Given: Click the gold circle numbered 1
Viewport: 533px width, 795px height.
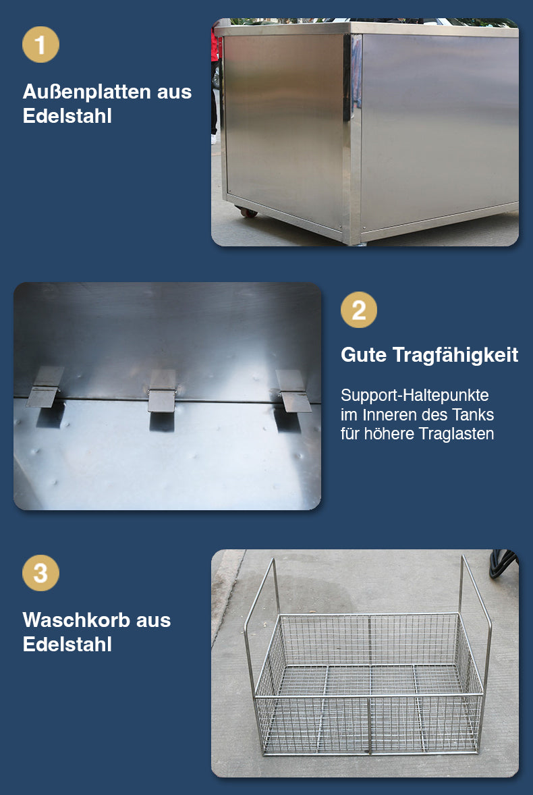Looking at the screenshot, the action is (x=40, y=45).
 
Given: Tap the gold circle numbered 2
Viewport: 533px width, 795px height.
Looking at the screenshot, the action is (x=359, y=309).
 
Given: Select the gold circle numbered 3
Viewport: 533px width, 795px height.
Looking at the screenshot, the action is (x=40, y=573).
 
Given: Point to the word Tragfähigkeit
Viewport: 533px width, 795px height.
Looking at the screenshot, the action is (x=455, y=356).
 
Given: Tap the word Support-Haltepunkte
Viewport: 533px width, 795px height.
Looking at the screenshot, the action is (x=415, y=395).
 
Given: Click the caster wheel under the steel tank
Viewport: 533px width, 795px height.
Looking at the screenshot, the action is (x=248, y=213).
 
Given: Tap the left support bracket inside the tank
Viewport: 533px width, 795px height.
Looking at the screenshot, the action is (x=45, y=387).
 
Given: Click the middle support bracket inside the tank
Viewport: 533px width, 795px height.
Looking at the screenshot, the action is (x=162, y=390).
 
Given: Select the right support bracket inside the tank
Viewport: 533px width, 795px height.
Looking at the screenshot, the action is (x=293, y=391).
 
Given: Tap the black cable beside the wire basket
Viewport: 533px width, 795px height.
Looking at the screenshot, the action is (x=503, y=564).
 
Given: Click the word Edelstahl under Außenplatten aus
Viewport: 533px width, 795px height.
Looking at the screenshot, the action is (x=67, y=116).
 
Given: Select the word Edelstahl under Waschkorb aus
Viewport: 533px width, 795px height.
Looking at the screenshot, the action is (x=67, y=645).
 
